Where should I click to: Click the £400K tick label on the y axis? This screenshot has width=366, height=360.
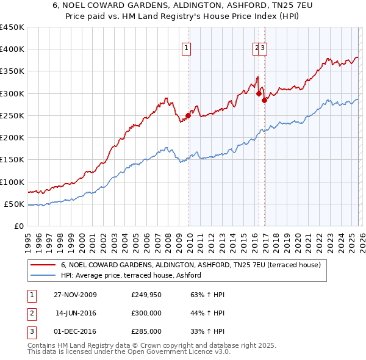[12, 49]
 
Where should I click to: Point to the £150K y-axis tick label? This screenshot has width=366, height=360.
[12, 160]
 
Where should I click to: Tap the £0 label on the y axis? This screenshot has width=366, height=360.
[19, 226]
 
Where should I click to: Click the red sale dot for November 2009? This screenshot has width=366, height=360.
[188, 116]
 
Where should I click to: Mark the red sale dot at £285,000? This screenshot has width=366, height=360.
[264, 100]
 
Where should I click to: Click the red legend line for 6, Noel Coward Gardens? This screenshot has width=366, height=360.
[44, 265]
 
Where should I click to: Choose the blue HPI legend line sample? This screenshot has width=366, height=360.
[44, 276]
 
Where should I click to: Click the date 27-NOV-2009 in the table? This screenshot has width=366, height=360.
[75, 295]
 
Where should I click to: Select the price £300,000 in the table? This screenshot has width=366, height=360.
[146, 313]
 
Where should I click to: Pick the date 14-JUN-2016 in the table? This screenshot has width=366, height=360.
[76, 313]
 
